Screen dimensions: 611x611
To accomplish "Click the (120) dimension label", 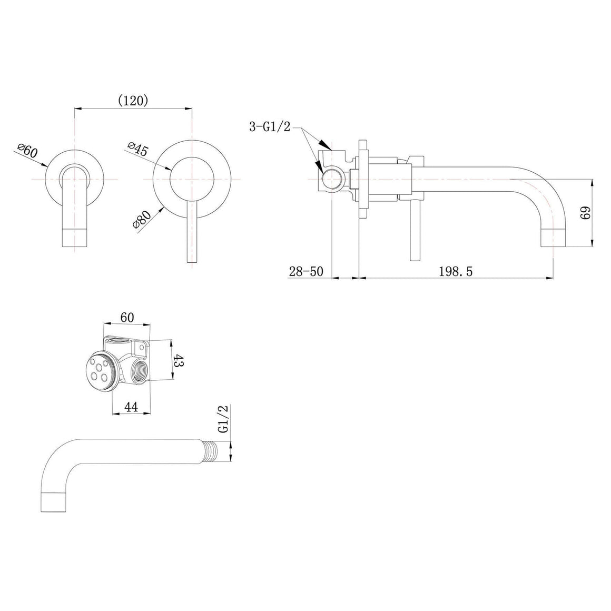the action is click(133, 101).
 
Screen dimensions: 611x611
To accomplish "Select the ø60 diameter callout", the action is click(28, 150).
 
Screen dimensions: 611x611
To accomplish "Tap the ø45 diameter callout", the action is click(138, 149).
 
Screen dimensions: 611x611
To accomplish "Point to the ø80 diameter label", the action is click(142, 221).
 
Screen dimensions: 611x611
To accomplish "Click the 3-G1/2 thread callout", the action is click(270, 126).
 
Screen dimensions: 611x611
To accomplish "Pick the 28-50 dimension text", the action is click(306, 271).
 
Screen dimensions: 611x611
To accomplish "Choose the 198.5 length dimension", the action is click(456, 271).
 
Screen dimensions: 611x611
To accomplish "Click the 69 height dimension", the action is click(585, 213).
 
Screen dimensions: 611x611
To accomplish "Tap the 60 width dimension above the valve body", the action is click(127, 318).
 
